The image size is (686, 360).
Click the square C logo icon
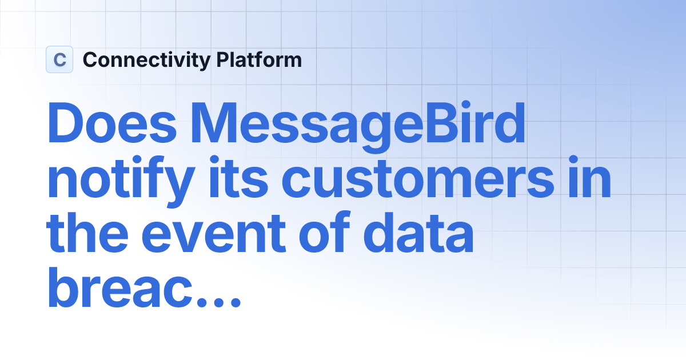[59, 59]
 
